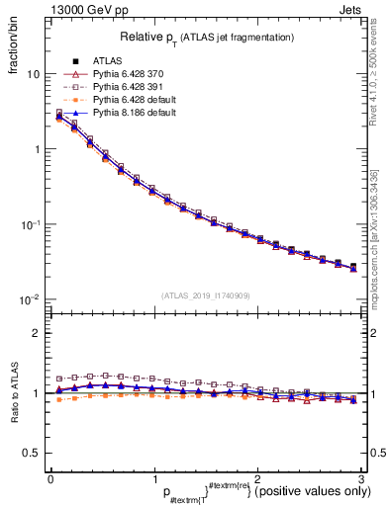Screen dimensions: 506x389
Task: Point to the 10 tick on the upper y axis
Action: pos(33,74)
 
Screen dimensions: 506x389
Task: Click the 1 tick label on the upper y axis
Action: pos(36,149)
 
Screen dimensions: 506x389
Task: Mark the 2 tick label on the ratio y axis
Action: pos(36,333)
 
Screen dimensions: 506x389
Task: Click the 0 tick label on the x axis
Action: pos(50,478)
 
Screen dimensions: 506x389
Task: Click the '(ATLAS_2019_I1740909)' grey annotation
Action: pos(207,295)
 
